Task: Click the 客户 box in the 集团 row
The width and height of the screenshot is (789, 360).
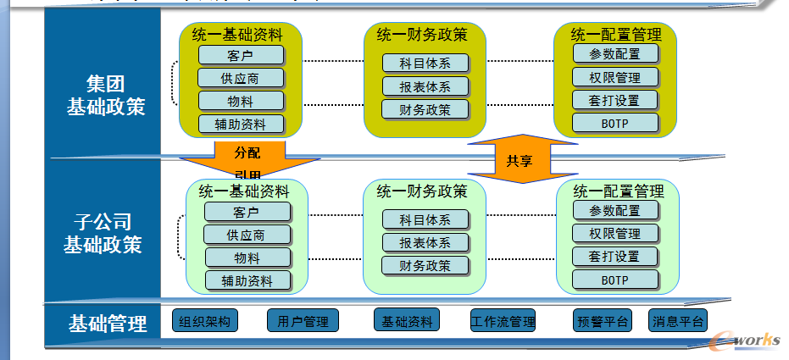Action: pyautogui.click(x=240, y=56)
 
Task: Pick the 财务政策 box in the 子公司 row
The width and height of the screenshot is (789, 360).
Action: pyautogui.click(x=425, y=265)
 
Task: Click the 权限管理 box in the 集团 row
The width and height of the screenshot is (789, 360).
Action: pyautogui.click(x=615, y=77)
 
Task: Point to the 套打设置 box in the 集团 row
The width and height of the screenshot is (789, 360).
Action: pyautogui.click(x=615, y=100)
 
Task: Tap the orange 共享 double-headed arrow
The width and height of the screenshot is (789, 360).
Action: pyautogui.click(x=520, y=158)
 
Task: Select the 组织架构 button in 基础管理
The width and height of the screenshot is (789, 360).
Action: pyautogui.click(x=205, y=322)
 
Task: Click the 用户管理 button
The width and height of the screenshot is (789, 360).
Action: pyautogui.click(x=303, y=322)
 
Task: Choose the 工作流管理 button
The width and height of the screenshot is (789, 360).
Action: pyautogui.click(x=503, y=322)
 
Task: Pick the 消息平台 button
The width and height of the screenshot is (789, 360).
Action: pyautogui.click(x=677, y=322)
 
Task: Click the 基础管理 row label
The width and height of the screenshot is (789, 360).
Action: pyautogui.click(x=108, y=323)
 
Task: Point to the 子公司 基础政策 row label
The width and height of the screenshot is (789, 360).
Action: pyautogui.click(x=102, y=234)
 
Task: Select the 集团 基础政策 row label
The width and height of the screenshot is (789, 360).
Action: pyautogui.click(x=105, y=96)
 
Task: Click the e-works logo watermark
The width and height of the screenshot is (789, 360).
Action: pyautogui.click(x=746, y=340)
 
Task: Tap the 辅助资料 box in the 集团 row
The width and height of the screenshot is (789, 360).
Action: pyautogui.click(x=240, y=125)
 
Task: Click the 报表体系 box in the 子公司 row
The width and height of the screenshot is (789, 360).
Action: pyautogui.click(x=425, y=242)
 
